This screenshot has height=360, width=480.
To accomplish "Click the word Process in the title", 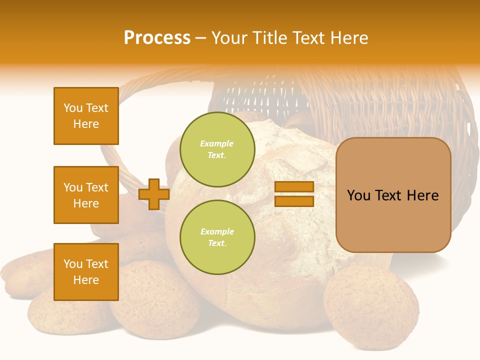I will click(x=157, y=38).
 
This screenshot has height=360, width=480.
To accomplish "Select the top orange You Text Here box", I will click(x=86, y=116).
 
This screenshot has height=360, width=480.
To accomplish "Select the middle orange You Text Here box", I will click(x=86, y=195).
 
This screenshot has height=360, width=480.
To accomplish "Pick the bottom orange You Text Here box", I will click(x=86, y=272).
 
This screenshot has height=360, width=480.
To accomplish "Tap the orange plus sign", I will click(x=153, y=194).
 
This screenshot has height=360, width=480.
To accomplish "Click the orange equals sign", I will click(x=294, y=194).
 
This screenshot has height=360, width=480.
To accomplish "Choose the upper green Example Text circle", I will click(x=217, y=149).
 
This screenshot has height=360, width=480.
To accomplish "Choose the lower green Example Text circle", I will click(x=217, y=237).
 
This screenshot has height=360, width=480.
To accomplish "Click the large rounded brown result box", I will click(x=393, y=195).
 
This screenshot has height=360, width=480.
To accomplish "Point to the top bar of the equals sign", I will click(x=294, y=186).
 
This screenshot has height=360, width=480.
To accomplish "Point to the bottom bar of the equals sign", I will click(x=294, y=201).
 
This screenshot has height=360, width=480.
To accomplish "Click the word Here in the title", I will click(x=349, y=38).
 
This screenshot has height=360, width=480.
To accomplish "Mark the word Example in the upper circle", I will click(x=217, y=144).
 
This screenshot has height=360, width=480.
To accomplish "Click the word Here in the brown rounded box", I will click(x=422, y=195).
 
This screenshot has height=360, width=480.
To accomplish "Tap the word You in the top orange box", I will click(x=73, y=108).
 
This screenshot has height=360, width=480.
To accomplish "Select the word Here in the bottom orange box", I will click(x=86, y=280).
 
